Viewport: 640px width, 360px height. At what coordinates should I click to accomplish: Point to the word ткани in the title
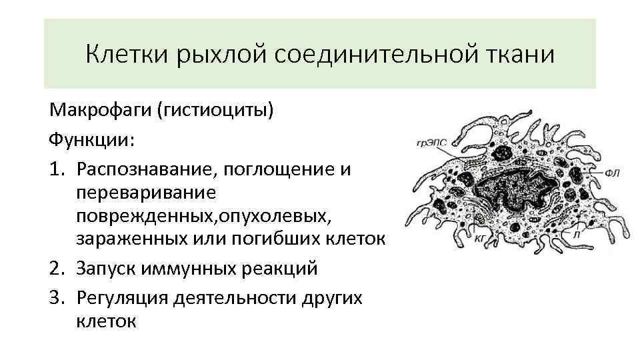(x=521, y=54)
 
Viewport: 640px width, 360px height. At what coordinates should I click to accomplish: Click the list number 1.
(x=57, y=169)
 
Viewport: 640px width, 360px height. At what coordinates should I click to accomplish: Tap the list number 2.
(x=57, y=269)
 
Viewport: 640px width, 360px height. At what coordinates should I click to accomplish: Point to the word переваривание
(x=145, y=194)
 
